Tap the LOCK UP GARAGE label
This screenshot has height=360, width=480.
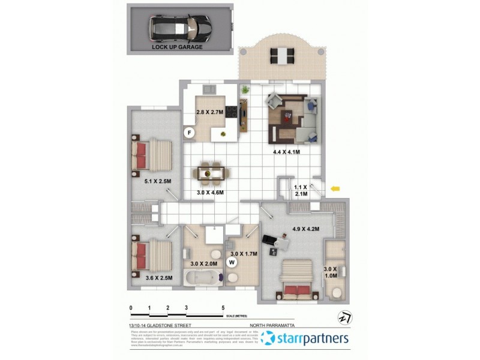click(177, 47)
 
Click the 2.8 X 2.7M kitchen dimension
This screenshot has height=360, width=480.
click(210, 112)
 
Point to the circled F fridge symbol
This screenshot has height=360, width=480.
click(189, 132)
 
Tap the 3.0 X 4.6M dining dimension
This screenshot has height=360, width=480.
click(210, 193)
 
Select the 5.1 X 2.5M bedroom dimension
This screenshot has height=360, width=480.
click(158, 181)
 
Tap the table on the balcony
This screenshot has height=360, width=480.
click(282, 56)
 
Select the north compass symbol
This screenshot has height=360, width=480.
click(345, 316)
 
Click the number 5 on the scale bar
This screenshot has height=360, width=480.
click(223, 307)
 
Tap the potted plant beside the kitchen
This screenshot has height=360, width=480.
click(245, 90)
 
